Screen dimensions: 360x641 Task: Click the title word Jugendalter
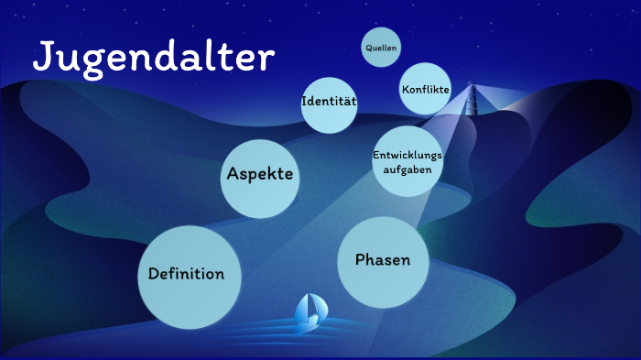(x=154, y=58)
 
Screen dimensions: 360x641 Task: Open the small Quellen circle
(x=382, y=47)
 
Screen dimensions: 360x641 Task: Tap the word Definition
(x=187, y=274)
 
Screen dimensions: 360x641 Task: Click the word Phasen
(x=383, y=260)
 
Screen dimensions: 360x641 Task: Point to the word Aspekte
(x=261, y=174)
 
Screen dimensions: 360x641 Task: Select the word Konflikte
(x=426, y=89)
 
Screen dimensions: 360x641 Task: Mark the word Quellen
(x=382, y=47)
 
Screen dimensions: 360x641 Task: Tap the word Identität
(x=330, y=100)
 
